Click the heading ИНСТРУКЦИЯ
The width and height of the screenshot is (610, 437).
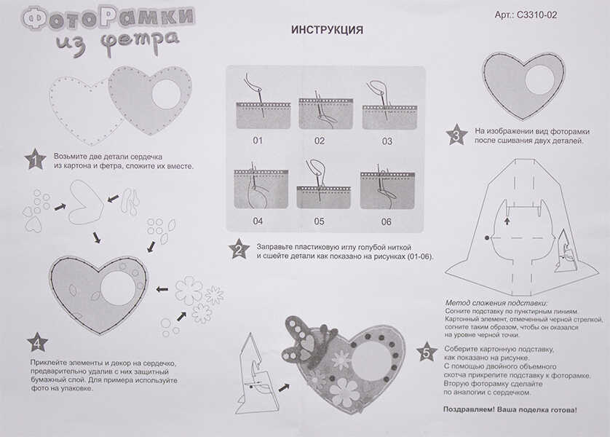pos(327,31)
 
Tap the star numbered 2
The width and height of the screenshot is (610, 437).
pos(239,249)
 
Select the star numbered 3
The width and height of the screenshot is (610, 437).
pos(456,135)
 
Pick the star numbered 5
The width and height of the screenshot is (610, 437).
pos(426,353)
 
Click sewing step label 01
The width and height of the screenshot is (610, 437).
pos(258,141)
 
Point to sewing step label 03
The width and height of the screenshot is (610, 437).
pos(387,141)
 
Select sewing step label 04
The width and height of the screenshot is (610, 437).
pos(258,221)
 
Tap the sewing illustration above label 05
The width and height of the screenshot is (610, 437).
pos(321,186)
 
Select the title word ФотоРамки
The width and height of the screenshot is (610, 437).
pos(107,17)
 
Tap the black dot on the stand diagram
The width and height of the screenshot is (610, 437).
pos(486,238)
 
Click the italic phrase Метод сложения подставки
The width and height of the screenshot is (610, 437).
pos(495,302)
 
